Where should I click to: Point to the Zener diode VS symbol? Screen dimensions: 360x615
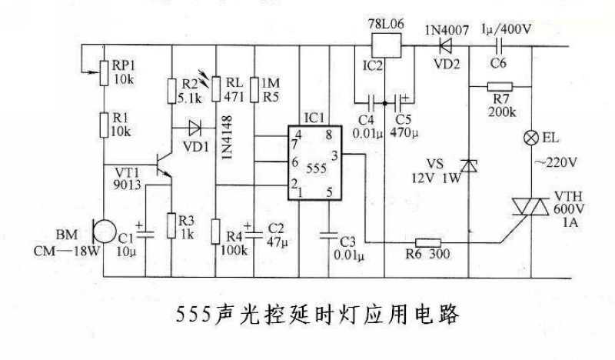pos(469,165)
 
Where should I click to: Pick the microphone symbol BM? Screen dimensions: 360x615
pos(98,228)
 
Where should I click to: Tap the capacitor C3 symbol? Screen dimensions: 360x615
pos(329,229)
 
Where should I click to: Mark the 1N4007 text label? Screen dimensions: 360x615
pos(446,29)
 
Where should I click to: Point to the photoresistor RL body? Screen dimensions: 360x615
pos(217,89)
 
